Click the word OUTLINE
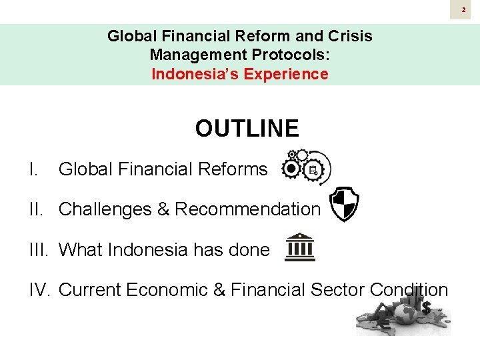click(247, 128)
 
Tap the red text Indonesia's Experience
click(240, 74)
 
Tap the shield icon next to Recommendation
click(345, 205)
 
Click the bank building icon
click(300, 247)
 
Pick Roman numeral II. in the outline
click(38, 209)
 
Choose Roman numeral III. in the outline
click(40, 250)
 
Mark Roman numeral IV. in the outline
click(41, 290)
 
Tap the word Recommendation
click(247, 209)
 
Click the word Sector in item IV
click(337, 290)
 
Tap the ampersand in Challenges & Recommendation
click(163, 209)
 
